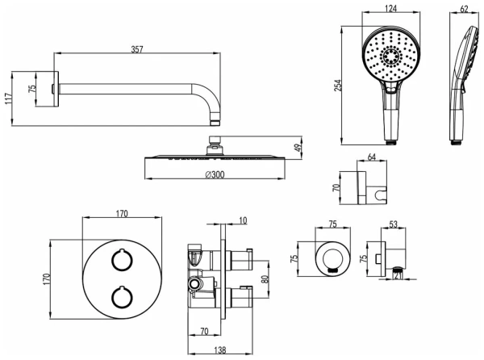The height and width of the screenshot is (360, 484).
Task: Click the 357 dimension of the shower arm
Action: point(137,49)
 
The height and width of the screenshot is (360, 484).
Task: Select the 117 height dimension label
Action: point(9,98)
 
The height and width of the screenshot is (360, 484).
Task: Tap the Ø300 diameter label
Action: point(215,174)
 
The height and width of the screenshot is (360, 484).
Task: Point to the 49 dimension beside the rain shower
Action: point(298,148)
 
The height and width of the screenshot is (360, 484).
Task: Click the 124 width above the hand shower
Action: point(390,8)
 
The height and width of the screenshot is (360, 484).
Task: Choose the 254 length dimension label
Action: point(339,86)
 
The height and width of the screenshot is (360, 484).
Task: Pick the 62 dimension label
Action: point(464,9)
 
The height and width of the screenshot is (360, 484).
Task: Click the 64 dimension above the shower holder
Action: point(372,157)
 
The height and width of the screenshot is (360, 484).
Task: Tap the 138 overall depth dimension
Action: point(219,350)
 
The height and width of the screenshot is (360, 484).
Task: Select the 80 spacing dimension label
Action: point(265,279)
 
